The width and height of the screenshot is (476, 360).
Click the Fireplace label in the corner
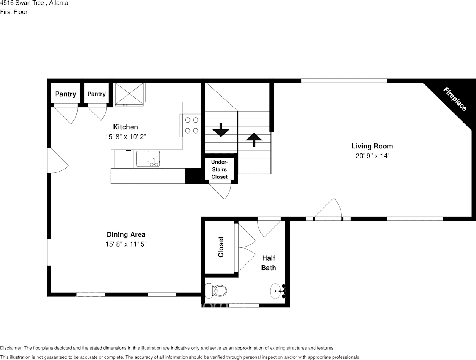[x=455, y=99]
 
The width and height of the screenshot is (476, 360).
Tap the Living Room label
[x=372, y=146]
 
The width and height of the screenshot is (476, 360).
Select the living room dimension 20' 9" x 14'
[x=372, y=156]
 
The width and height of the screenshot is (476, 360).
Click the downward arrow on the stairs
[x=221, y=130]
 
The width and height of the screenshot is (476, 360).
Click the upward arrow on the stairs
[x=254, y=139]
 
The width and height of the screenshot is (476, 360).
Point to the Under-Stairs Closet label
[x=219, y=169]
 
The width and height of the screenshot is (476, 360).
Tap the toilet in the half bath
[x=216, y=291]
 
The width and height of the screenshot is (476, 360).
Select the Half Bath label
[x=268, y=263]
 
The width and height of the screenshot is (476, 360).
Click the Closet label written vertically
[x=221, y=247]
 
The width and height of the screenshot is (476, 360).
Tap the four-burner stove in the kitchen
[x=191, y=125]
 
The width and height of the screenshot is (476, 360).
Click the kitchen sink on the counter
[x=148, y=159]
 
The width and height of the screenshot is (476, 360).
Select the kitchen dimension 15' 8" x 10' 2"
[x=126, y=137]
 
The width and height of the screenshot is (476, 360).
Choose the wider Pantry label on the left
[x=65, y=94]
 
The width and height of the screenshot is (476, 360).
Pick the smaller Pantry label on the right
[x=96, y=94]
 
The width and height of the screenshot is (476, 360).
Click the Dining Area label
[x=126, y=234]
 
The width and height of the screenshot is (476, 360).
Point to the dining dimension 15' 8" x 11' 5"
[x=126, y=244]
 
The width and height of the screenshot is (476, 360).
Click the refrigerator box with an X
[x=129, y=93]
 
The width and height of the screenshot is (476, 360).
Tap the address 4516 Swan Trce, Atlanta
[x=34, y=3]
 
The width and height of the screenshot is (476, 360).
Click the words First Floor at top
[x=14, y=12]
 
